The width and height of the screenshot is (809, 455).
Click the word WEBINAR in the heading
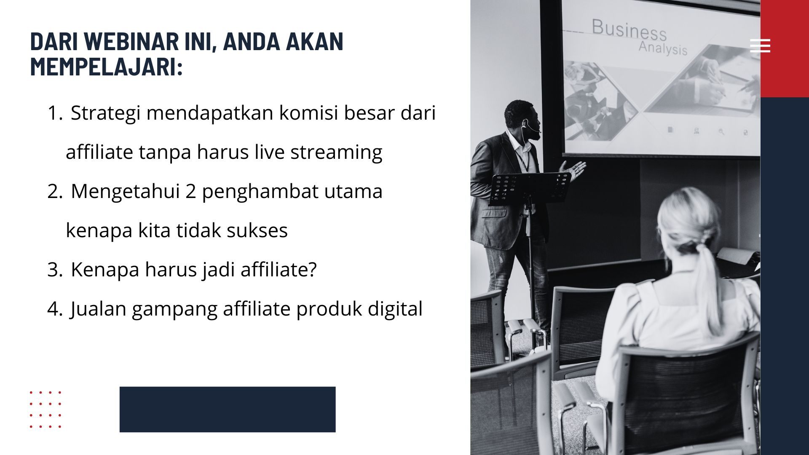tap(131, 41)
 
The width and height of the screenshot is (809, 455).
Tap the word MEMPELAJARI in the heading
tap(107, 67)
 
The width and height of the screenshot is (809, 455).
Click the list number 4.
tap(55, 309)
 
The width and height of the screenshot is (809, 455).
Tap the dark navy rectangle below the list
tap(228, 409)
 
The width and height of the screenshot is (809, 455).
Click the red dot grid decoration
tap(46, 409)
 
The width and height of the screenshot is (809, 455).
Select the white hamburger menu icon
tap(760, 45)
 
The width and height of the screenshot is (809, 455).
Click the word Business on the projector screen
tap(629, 29)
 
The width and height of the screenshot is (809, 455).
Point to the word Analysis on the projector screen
tap(663, 48)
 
